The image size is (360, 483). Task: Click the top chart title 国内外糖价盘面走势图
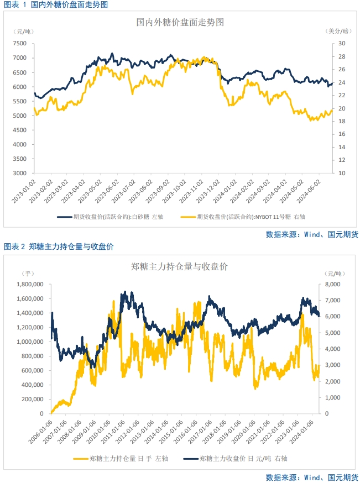coord(180,23)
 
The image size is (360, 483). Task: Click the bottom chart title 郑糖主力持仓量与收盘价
coord(180,267)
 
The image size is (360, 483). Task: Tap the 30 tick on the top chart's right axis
coord(341,44)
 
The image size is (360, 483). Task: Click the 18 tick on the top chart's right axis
coord(341,134)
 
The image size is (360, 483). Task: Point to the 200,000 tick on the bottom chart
coord(33,399)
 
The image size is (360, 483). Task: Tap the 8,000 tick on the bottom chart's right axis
coord(330,285)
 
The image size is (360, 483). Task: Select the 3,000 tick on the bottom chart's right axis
coord(330,365)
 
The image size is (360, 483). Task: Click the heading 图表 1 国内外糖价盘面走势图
coord(55,4)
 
